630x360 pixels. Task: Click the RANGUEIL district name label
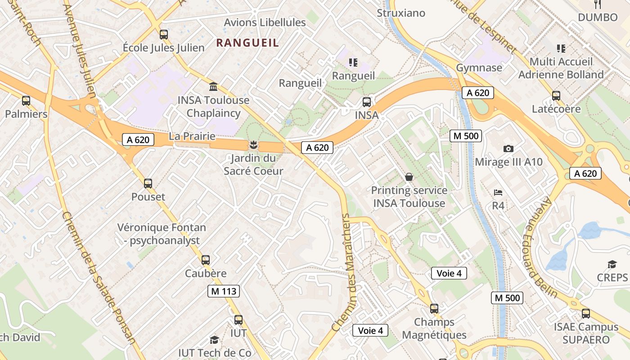pyautogui.click(x=247, y=43)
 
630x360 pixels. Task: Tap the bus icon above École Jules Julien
pyautogui.click(x=164, y=34)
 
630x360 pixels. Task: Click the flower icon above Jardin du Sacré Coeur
pyautogui.click(x=253, y=145)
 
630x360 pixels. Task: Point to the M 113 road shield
pyautogui.click(x=224, y=291)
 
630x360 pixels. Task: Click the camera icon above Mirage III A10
pyautogui.click(x=508, y=148)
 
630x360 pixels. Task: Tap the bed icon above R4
pyautogui.click(x=498, y=193)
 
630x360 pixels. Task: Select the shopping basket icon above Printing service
pyautogui.click(x=409, y=177)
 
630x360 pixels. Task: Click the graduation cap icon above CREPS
pyautogui.click(x=612, y=264)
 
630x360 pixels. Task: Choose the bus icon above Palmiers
pyautogui.click(x=26, y=100)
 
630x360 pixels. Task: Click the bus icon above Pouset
pyautogui.click(x=148, y=183)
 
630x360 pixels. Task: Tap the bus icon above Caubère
pyautogui.click(x=206, y=260)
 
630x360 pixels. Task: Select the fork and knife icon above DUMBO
pyautogui.click(x=598, y=4)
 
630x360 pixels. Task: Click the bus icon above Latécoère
pyautogui.click(x=556, y=95)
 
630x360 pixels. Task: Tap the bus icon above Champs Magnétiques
pyautogui.click(x=434, y=308)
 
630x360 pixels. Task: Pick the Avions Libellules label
pyautogui.click(x=265, y=22)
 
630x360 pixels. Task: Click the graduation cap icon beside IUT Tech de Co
pyautogui.click(x=214, y=340)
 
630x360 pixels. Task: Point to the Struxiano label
pyautogui.click(x=400, y=13)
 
